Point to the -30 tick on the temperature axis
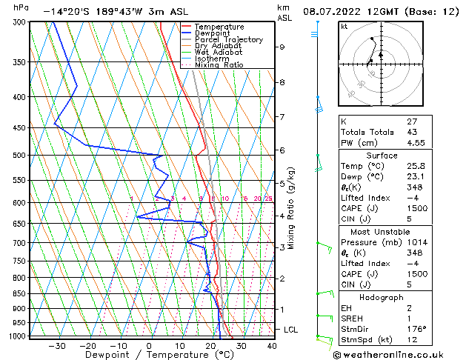(x=57, y=345)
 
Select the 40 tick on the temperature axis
(x=271, y=345)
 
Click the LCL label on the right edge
(x=292, y=329)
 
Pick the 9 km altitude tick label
(x=282, y=47)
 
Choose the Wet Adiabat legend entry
(x=217, y=52)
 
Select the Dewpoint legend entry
(x=214, y=33)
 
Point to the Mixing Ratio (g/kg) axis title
(x=292, y=208)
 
